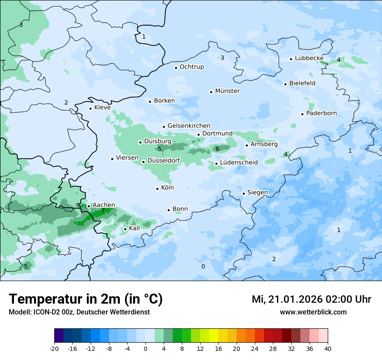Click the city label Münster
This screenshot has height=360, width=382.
tap(227, 91)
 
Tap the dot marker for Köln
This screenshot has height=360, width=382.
tap(158, 189)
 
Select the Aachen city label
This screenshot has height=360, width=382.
tap(104, 205)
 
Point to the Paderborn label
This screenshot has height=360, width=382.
tap(321, 113)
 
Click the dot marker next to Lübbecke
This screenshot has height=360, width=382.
tap(291, 59)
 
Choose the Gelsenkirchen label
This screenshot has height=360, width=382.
tap(189, 126)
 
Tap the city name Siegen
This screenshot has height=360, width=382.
tap(257, 193)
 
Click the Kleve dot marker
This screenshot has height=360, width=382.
tap(91, 108)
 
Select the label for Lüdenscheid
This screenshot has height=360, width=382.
tap(239, 163)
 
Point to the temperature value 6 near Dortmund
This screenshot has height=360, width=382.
tap(217, 149)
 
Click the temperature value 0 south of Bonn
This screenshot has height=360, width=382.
tap(203, 266)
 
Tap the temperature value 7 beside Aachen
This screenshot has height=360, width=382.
tap(103, 211)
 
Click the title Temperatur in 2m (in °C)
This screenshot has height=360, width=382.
tap(86, 299)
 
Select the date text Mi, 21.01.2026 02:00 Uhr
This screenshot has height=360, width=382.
tap(311, 300)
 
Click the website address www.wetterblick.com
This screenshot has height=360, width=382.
tap(313, 312)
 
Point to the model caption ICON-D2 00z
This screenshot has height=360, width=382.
tap(79, 312)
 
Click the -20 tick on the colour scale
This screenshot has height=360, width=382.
tap(54, 348)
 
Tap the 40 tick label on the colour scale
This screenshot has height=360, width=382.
tap(328, 348)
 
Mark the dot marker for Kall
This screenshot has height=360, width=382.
tap(125, 229)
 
